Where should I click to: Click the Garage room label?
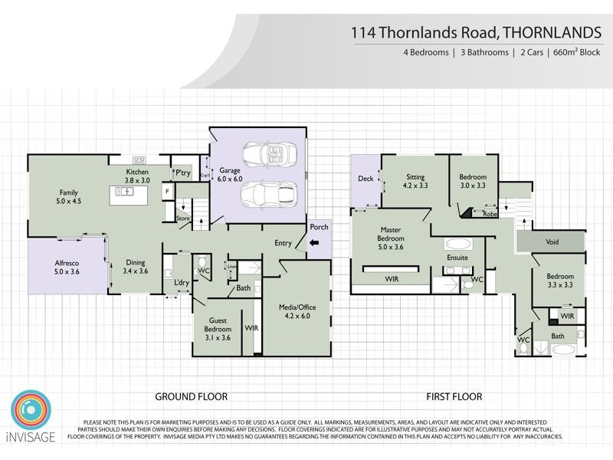pyautogui.click(x=231, y=174)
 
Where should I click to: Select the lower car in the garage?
pyautogui.click(x=267, y=195)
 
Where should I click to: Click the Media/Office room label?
pyautogui.click(x=297, y=311)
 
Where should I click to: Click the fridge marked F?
pyautogui.click(x=166, y=191)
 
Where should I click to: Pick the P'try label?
pyautogui.click(x=182, y=173)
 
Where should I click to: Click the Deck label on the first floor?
pyautogui.click(x=366, y=179)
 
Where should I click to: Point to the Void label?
pyautogui.click(x=552, y=242)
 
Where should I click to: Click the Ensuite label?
pyautogui.click(x=457, y=258)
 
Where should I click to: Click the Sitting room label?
pyautogui.click(x=415, y=181)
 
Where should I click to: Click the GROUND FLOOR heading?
pyautogui.click(x=192, y=396)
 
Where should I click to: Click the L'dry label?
pyautogui.click(x=182, y=283)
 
